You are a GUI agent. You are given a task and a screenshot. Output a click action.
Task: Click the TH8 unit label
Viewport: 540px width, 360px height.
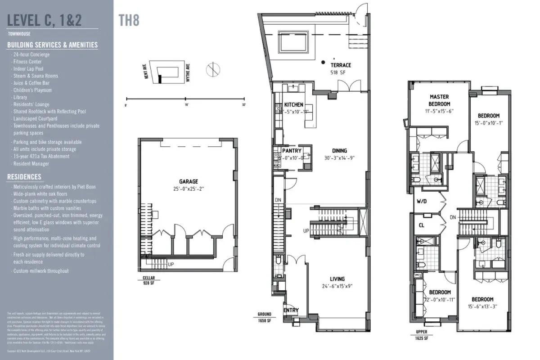point(129,21)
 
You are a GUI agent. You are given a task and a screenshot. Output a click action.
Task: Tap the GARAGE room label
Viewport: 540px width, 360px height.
point(189,182)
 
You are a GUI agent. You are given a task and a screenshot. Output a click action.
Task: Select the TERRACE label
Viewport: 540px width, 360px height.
point(341,65)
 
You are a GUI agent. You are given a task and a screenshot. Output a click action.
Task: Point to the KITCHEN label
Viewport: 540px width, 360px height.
point(294,105)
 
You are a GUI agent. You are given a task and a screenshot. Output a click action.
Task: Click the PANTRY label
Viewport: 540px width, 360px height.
point(292,151)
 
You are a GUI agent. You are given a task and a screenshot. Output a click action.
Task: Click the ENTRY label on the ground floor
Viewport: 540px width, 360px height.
point(291,310)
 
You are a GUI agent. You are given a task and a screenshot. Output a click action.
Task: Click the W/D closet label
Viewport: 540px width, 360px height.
point(422,201)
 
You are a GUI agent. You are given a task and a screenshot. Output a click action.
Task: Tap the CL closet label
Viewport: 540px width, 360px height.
point(422,225)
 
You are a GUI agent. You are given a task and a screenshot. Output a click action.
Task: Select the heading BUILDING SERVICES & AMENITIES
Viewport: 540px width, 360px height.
point(52,45)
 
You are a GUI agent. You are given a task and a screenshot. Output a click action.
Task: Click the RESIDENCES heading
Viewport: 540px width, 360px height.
point(24,177)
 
